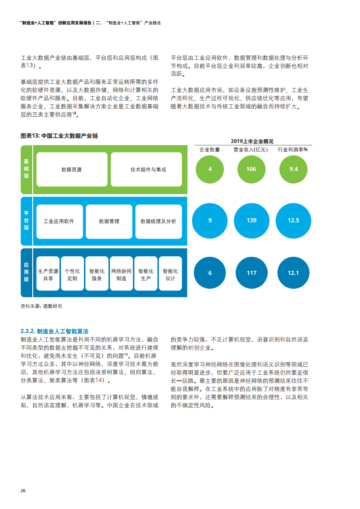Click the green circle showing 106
(251, 169)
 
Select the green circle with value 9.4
(293, 169)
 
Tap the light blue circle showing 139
(252, 221)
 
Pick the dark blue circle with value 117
(252, 273)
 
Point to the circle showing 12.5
(293, 221)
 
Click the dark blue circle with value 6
(210, 273)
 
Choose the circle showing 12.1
(293, 273)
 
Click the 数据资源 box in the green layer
(72, 170)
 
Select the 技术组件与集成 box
(146, 170)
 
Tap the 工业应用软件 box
(59, 222)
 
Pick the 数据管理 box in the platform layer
(109, 222)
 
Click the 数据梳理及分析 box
(158, 222)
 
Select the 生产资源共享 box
(48, 274)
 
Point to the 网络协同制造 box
(122, 274)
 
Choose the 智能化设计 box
(170, 274)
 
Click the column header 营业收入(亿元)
(251, 150)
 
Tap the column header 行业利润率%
(293, 150)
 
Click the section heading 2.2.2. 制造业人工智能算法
(54, 332)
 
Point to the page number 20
(23, 491)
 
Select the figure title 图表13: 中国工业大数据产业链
(59, 136)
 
